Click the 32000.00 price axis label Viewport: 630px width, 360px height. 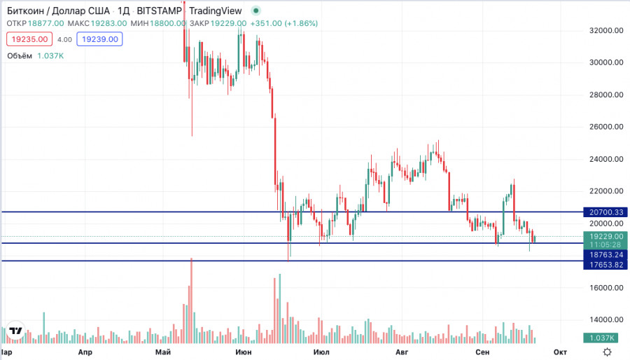[x=607, y=31]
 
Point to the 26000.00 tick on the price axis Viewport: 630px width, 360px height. [x=607, y=127]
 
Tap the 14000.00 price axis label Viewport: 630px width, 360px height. [x=607, y=320]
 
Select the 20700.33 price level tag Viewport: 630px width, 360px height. [x=607, y=212]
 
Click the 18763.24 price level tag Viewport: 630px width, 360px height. [x=607, y=256]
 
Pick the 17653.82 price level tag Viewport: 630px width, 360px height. [x=607, y=265]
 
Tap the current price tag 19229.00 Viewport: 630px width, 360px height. [x=607, y=237]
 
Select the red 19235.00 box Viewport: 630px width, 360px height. [x=29, y=40]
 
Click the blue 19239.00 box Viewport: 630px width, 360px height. [x=99, y=40]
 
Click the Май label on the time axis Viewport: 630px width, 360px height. [x=164, y=352]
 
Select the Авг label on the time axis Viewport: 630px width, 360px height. [x=402, y=352]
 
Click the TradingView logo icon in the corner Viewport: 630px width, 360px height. [x=15, y=331]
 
